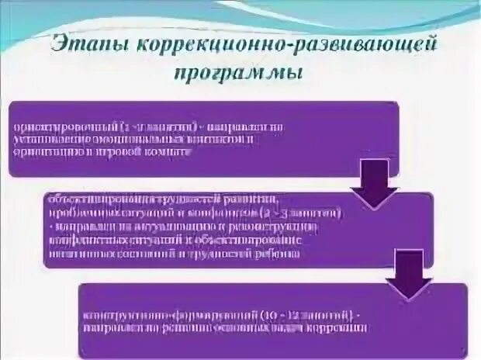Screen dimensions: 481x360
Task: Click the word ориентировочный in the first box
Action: tap(63, 126)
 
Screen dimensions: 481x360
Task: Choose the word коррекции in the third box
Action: tap(337, 328)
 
